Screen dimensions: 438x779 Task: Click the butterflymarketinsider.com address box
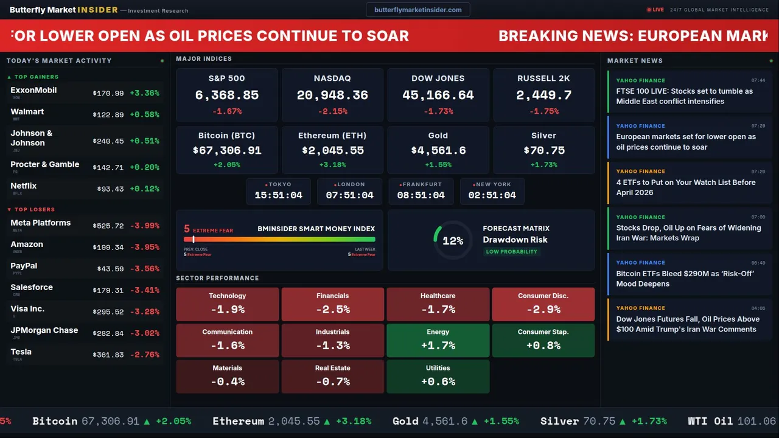point(417,10)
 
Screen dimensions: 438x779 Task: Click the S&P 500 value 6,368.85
point(226,95)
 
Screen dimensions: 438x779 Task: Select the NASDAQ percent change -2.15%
point(332,111)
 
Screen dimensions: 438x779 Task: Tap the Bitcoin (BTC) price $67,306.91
point(226,150)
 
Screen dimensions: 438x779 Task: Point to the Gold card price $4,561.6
point(438,150)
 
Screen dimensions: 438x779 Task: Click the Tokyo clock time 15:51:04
point(278,195)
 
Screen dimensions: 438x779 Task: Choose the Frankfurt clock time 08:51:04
point(421,195)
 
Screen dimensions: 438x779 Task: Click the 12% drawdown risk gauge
point(452,240)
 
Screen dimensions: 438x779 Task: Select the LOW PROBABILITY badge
point(511,252)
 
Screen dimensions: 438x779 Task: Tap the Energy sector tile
point(438,340)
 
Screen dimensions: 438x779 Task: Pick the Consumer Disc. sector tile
point(543,304)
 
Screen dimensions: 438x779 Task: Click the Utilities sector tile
point(438,376)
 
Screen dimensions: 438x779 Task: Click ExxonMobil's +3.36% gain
point(145,93)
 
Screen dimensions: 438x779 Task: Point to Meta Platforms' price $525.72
point(108,226)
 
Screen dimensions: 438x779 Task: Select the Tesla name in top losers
point(21,352)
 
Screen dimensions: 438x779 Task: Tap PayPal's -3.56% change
point(145,269)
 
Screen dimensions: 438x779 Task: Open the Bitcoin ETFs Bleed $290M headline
point(685,279)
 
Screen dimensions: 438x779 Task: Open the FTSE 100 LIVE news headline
point(684,96)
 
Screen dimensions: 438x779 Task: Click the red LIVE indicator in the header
point(655,10)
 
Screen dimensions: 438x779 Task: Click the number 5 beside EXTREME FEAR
point(187,229)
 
